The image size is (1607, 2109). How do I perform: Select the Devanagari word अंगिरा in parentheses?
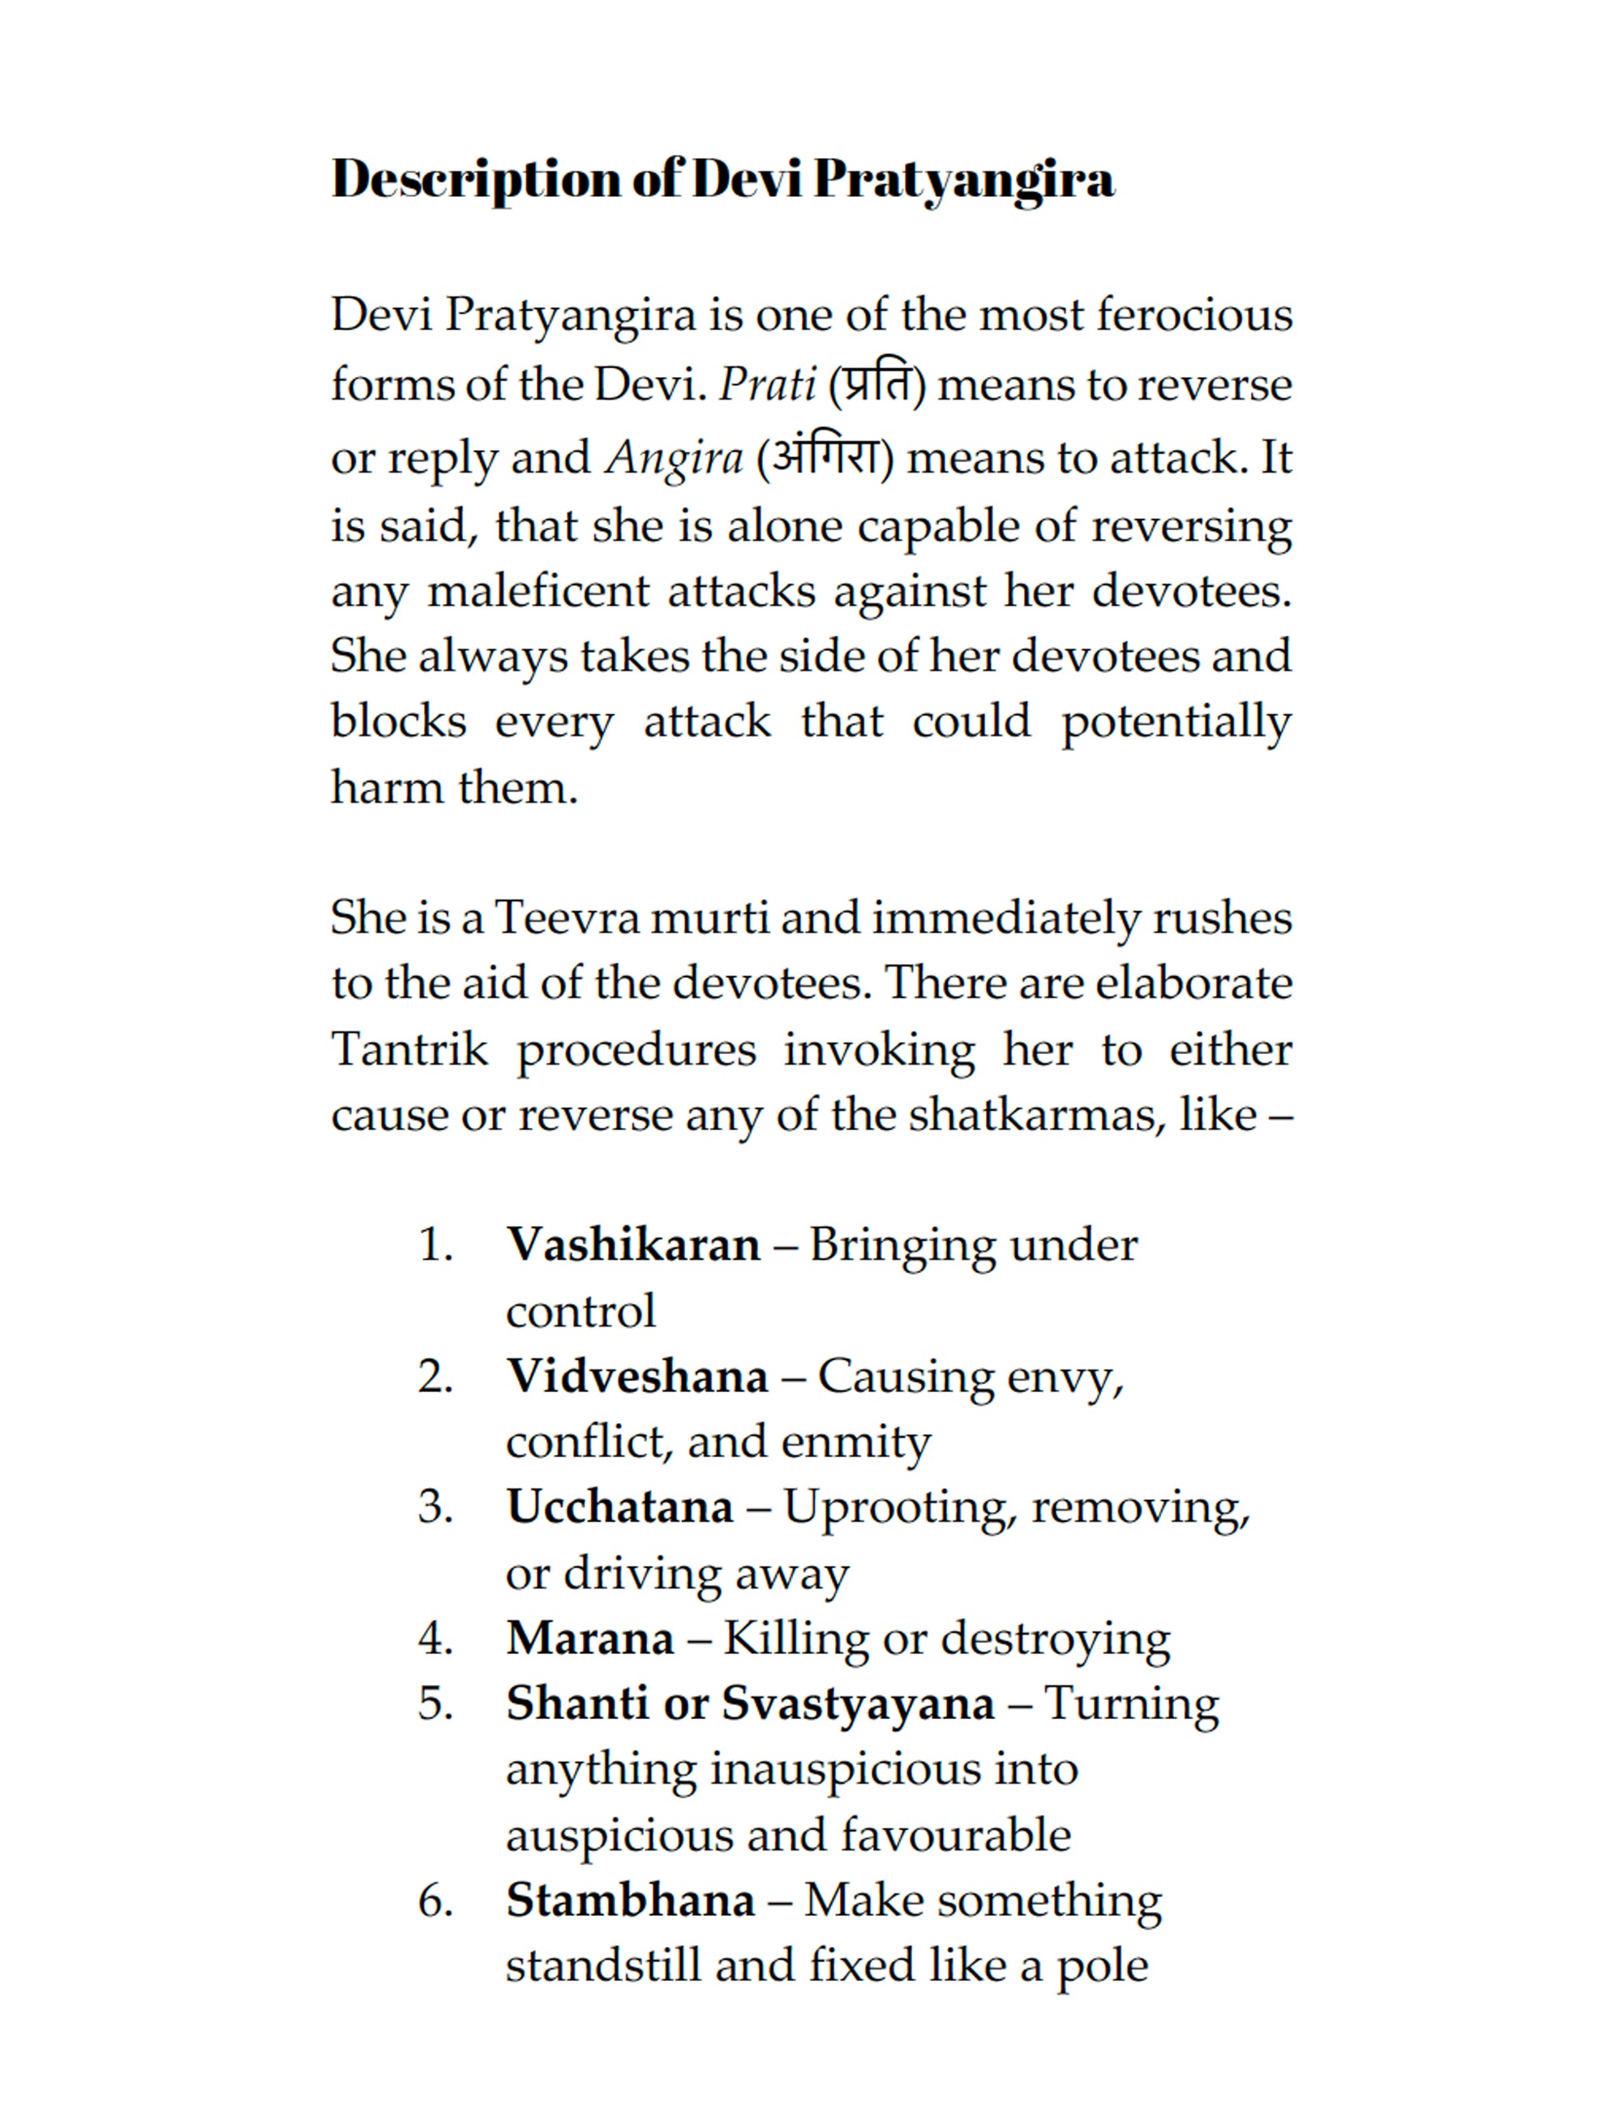825,457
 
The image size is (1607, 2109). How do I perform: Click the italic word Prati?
767,385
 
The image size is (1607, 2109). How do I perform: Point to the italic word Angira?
675,458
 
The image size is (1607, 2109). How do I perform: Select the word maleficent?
538,590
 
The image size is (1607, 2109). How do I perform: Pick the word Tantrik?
409,1049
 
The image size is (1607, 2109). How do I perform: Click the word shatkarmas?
1037,1114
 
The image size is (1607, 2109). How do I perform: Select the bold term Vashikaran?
633,1245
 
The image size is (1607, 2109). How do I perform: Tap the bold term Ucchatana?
619,1507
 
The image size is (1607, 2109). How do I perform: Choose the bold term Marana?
590,1639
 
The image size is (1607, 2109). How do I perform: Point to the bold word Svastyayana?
857,1704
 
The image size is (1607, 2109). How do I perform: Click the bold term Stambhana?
630,1901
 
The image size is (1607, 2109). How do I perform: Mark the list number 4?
435,1640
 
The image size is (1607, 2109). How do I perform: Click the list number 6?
435,1901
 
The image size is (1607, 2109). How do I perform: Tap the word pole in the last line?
1102,1967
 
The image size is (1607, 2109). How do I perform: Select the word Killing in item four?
796,1639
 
